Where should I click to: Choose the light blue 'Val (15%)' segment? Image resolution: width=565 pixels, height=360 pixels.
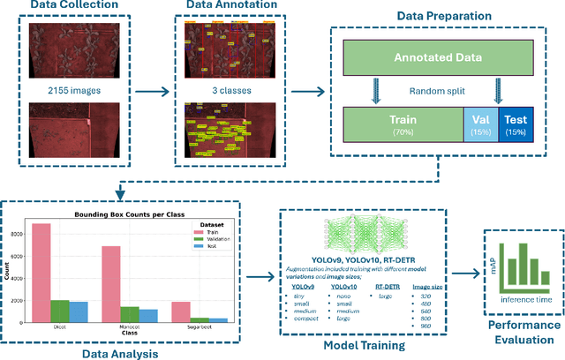(479, 124)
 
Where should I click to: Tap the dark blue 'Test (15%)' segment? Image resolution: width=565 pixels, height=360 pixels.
(516, 124)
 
